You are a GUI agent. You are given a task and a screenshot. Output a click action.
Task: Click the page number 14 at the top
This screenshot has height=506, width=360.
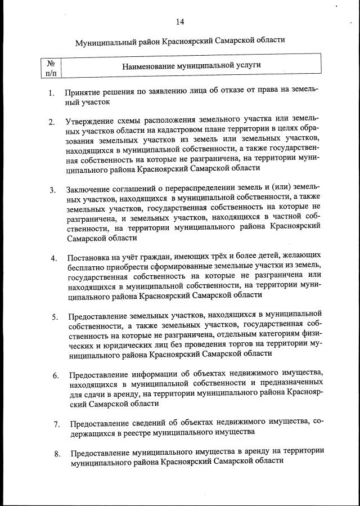click(179, 22)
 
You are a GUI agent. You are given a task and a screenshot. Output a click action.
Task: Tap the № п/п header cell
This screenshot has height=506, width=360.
click(51, 68)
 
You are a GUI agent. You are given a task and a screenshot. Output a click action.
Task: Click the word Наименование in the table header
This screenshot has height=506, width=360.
click(148, 65)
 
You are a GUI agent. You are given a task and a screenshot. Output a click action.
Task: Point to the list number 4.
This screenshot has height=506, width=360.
click(53, 259)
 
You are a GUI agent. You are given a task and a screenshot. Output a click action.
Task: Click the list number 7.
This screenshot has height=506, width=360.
click(56, 424)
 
